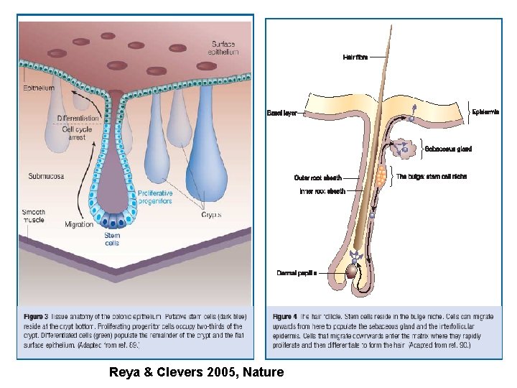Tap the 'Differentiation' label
[78, 118]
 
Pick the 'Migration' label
[79, 224]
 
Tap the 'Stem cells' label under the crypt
[112, 239]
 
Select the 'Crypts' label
[212, 214]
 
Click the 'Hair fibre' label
[355, 57]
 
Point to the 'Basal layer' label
[281, 113]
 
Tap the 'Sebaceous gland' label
[448, 149]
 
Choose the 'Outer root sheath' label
[317, 177]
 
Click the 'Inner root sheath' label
[322, 191]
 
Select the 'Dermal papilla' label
[296, 273]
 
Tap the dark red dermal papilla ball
[353, 272]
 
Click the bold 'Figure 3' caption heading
[36, 315]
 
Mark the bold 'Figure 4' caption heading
[285, 315]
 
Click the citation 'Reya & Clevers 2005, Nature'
[196, 372]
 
